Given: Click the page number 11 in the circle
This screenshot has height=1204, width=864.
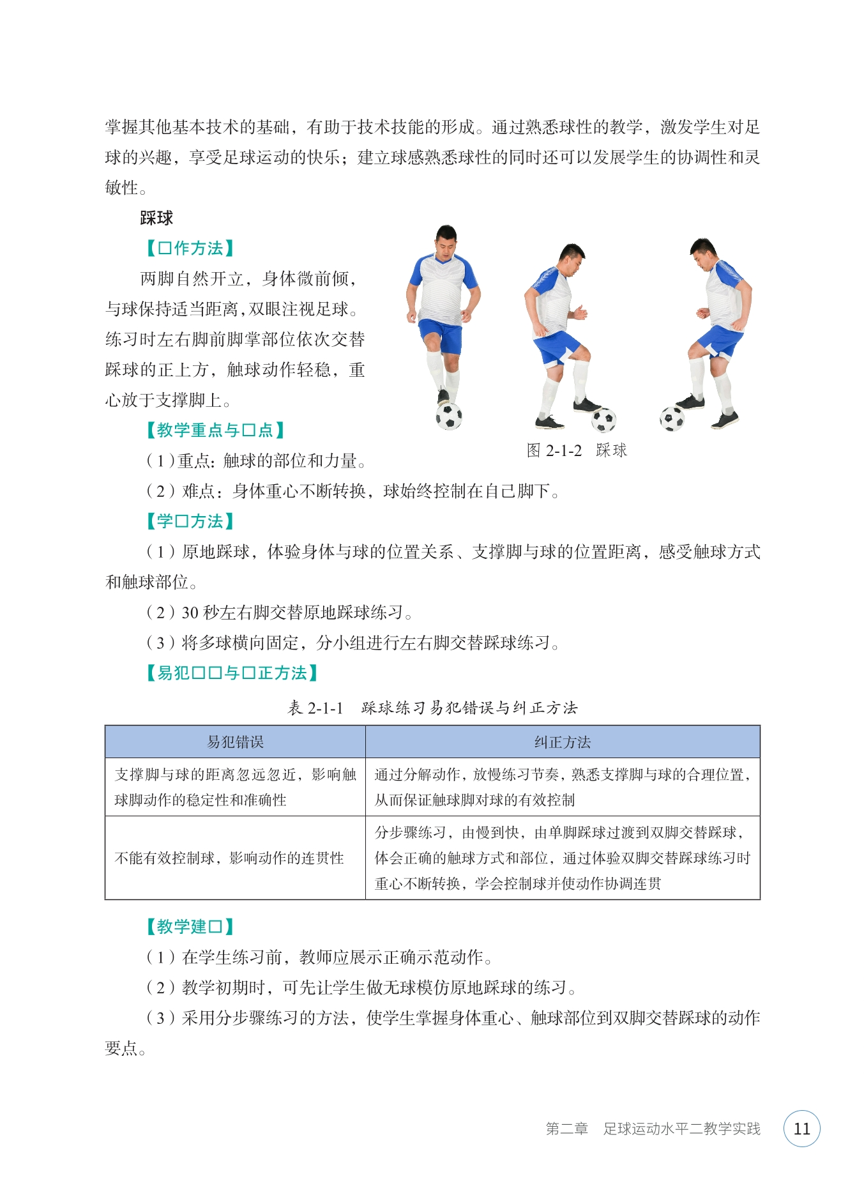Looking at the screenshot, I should (x=801, y=1129).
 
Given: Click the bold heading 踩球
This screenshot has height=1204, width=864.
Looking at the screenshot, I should (x=156, y=218).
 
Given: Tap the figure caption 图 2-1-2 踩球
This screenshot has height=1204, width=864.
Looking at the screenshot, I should (x=577, y=450).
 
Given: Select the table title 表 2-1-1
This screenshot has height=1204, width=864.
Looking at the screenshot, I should (x=315, y=708).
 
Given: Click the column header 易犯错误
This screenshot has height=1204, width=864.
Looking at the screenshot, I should (x=235, y=742).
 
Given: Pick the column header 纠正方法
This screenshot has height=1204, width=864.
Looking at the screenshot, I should (x=562, y=742).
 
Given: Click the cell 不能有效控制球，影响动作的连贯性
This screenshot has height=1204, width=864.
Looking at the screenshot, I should (x=229, y=858).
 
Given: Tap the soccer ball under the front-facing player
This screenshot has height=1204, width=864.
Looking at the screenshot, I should (x=449, y=416).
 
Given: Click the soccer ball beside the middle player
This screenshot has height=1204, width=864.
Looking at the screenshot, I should (x=603, y=420).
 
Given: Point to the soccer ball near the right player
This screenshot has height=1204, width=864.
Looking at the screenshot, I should (x=672, y=418).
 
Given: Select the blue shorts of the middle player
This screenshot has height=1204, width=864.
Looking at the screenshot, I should (x=557, y=347).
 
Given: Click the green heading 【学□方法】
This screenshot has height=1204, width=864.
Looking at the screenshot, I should (x=190, y=521).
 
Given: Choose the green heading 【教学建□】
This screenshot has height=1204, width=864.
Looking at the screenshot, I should (x=190, y=926).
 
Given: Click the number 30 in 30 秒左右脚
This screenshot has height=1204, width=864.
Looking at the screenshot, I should (x=190, y=613).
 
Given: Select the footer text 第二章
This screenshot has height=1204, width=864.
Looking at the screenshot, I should (x=566, y=1129).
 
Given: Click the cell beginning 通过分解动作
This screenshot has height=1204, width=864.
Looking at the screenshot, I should (x=562, y=787).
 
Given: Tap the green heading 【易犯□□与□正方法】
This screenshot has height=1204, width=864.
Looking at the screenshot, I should (x=231, y=673).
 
